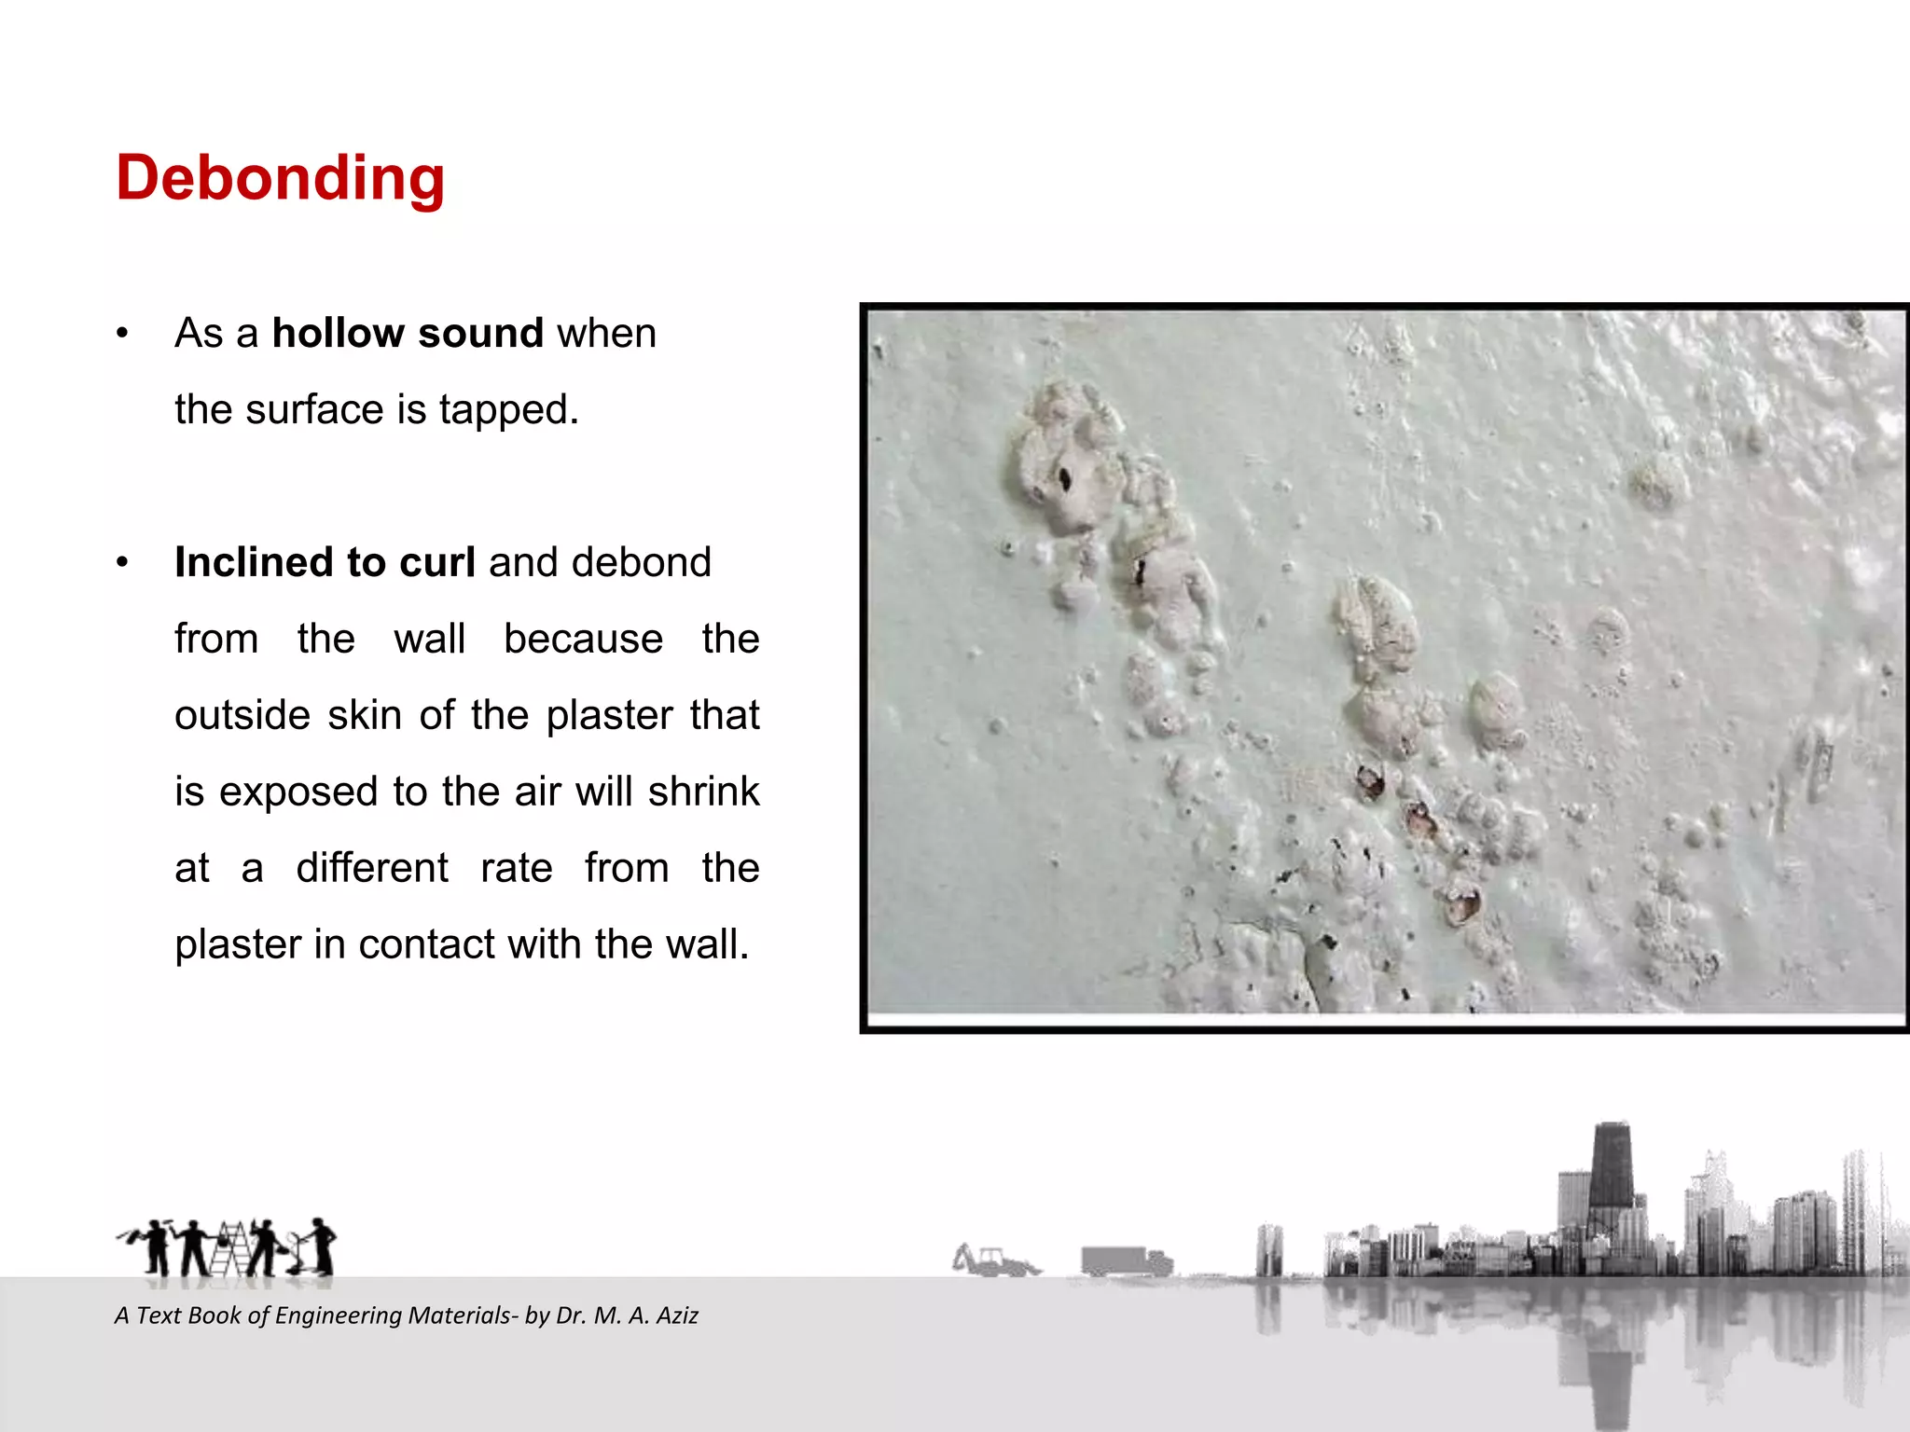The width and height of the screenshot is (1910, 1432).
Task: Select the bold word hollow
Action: coord(337,333)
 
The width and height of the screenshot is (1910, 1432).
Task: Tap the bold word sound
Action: coord(480,333)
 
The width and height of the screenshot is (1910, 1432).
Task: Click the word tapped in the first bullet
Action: coord(509,410)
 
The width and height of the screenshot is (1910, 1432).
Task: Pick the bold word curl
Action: coord(436,562)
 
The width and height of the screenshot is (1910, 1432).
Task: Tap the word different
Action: coord(372,868)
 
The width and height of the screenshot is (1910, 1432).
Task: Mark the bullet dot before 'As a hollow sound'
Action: coord(122,333)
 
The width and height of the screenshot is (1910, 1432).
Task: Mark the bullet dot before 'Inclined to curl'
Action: coord(122,562)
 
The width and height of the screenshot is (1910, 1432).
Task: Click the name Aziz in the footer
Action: coord(677,1315)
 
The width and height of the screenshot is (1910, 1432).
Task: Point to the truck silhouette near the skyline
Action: coord(1126,1260)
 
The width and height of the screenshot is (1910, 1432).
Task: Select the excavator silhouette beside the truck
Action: coord(992,1260)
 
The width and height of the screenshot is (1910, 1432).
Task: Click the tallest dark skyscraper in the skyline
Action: coord(1611,1175)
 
